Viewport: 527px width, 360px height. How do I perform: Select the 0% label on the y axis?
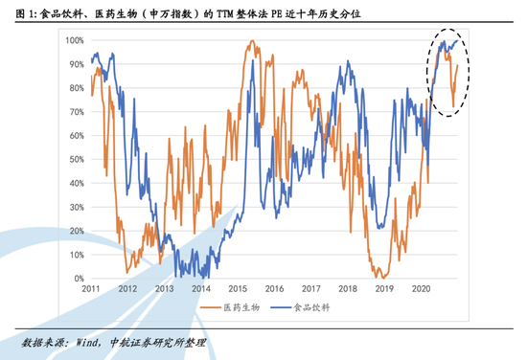pyautogui.click(x=77, y=279)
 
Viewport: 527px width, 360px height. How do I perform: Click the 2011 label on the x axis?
pyautogui.click(x=91, y=288)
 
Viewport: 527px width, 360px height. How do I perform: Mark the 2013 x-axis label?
pyautogui.click(x=165, y=288)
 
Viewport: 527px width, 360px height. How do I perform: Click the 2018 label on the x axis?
pyautogui.click(x=348, y=288)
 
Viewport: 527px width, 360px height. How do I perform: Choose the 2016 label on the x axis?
pyautogui.click(x=275, y=288)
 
